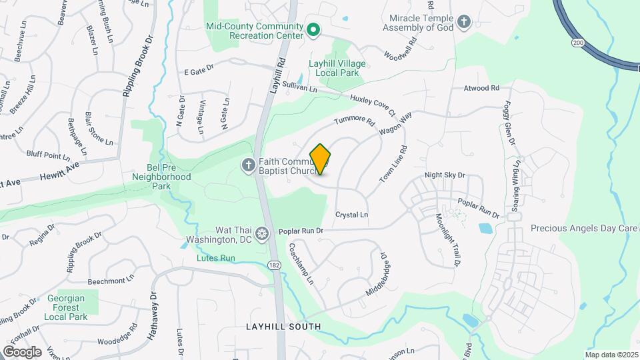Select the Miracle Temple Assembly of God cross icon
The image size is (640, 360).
click(x=464, y=23)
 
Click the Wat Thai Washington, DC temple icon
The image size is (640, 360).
click(x=263, y=234)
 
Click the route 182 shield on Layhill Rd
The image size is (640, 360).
click(x=274, y=265)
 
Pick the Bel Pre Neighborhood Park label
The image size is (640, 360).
click(x=161, y=177)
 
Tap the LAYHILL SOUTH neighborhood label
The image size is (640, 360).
click(x=283, y=327)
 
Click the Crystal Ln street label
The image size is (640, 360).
click(x=351, y=215)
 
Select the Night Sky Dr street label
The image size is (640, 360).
click(x=445, y=175)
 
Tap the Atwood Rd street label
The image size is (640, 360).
click(x=481, y=88)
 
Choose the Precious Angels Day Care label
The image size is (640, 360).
click(x=584, y=228)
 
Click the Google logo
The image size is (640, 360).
click(x=22, y=351)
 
